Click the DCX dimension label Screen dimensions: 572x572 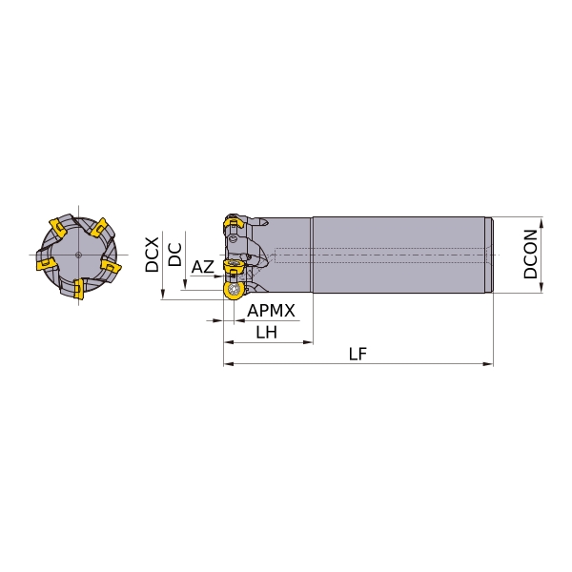[153, 255]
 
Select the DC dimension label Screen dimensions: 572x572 [174, 255]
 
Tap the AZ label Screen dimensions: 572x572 [202, 267]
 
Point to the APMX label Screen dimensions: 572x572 [271, 311]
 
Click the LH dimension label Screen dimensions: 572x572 [266, 333]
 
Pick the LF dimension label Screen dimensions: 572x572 [357, 354]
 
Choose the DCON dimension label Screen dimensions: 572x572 [530, 255]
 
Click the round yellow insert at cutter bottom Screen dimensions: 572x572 [233, 291]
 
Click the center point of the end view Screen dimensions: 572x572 [78, 255]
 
